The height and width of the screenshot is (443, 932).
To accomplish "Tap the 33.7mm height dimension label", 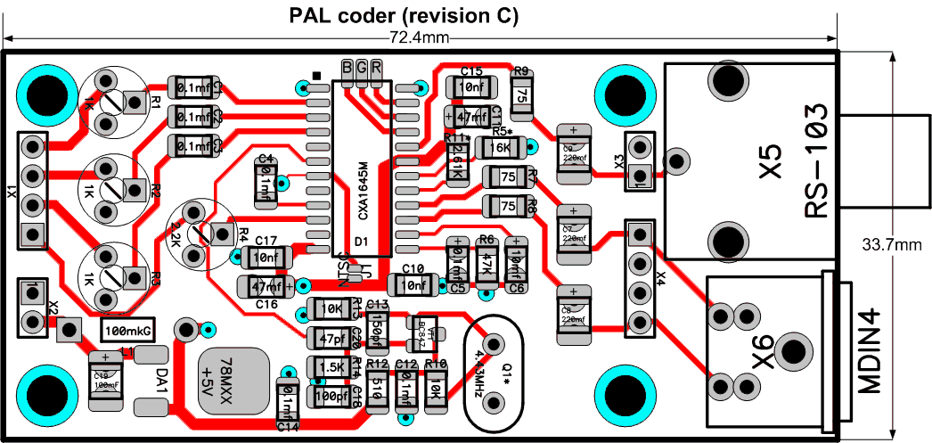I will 895,243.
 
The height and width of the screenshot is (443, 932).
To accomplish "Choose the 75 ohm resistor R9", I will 520,93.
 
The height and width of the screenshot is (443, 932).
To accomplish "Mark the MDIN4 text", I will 871,353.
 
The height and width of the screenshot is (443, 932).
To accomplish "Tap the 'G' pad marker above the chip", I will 361,68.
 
